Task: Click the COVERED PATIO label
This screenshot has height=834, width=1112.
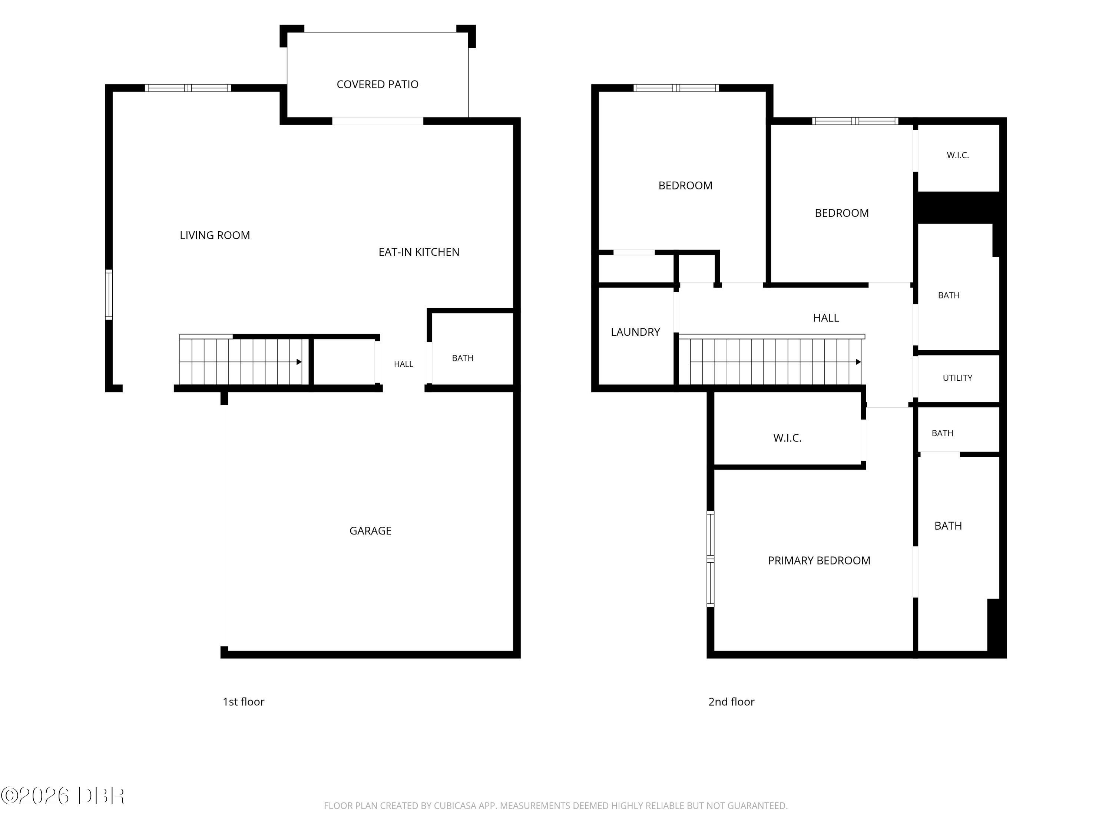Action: pos(378,85)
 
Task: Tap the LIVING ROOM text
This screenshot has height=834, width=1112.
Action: pos(215,235)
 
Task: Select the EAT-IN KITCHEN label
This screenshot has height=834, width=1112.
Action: pos(419,252)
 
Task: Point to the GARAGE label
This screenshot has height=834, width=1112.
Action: pos(371,530)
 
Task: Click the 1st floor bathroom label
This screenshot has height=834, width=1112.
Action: pos(463,358)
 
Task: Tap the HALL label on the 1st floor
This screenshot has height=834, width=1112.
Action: pos(403,364)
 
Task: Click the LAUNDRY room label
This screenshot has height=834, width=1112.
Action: pos(635,332)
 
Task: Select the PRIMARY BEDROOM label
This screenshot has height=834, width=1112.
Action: pos(819,560)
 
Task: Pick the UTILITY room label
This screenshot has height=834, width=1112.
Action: pos(957,378)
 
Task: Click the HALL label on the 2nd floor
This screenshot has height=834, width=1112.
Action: pos(826,318)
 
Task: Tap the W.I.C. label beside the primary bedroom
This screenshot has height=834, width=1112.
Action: pos(787,438)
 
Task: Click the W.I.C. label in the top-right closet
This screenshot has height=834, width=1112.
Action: pos(958,155)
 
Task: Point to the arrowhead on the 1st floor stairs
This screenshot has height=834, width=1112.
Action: pos(299,362)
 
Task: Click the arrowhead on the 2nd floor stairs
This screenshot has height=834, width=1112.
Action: pos(858,362)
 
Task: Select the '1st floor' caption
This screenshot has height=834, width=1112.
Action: pos(243,702)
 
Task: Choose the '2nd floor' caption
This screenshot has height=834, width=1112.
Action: pos(731,702)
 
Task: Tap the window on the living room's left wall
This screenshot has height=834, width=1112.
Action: pos(109,295)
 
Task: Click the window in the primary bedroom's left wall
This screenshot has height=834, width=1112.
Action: pos(710,559)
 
